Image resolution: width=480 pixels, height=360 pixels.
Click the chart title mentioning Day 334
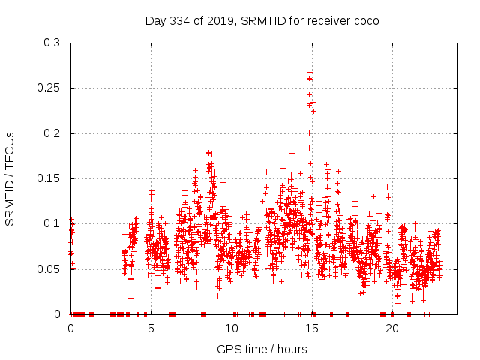(262, 20)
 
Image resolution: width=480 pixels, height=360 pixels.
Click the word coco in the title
(365, 20)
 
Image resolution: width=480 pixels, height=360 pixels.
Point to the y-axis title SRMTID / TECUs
(10, 178)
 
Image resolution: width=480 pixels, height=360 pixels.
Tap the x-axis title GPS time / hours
(262, 349)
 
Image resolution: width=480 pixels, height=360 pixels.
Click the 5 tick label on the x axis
(151, 328)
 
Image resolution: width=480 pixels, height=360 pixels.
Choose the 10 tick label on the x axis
(231, 328)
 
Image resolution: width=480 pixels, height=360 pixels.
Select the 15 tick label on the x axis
(311, 328)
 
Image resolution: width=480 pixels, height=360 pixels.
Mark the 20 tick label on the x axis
(391, 328)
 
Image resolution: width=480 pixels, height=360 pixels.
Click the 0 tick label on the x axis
(70, 328)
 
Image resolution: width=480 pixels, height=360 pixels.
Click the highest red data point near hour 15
(310, 72)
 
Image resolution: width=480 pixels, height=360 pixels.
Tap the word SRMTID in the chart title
(259, 20)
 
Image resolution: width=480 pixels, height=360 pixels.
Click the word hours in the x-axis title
(291, 349)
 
